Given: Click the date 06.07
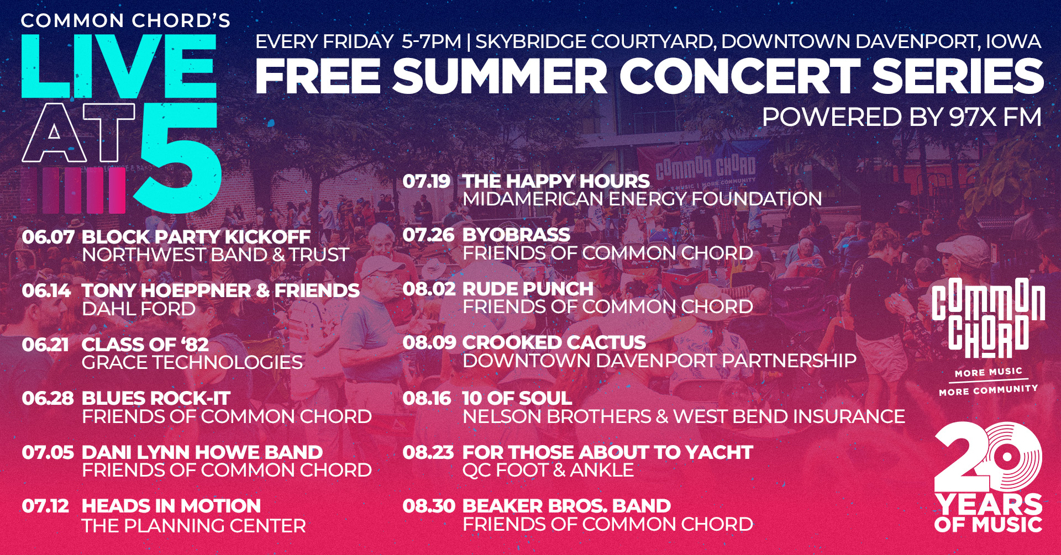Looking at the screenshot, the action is click(48, 237).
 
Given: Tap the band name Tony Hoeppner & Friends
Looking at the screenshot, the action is click(220, 290).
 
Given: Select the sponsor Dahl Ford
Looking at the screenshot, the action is click(139, 309).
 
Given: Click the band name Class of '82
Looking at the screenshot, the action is click(145, 345).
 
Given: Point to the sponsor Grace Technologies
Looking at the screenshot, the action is click(192, 362).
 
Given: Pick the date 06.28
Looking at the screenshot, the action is click(48, 398).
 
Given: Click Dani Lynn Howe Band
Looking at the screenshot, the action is click(202, 452).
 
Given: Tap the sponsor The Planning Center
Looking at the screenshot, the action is click(194, 526).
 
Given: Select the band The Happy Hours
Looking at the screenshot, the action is click(556, 181).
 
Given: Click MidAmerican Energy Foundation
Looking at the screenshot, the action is click(643, 199).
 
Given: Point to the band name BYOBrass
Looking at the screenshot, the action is click(517, 235).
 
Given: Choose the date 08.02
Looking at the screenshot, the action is click(429, 289).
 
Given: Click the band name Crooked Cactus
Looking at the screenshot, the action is click(554, 342).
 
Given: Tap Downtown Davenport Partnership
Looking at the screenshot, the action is click(660, 361).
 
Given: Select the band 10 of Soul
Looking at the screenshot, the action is click(517, 398).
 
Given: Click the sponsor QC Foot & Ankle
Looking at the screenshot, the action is click(548, 470).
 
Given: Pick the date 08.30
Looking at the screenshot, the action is click(429, 506).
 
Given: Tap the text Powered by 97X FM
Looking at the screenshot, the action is click(902, 117).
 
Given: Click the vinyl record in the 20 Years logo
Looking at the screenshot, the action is click(1007, 457).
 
